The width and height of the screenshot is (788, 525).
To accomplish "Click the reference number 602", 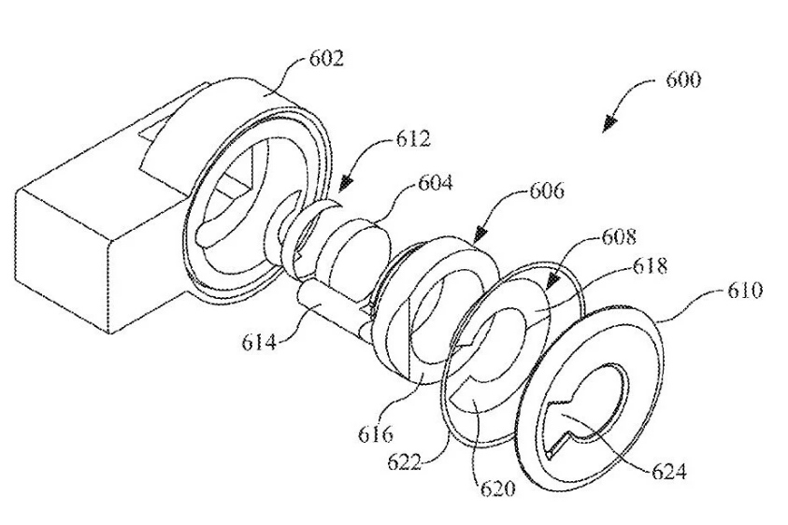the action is tap(326, 59).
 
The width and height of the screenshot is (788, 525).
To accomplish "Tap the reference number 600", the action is tap(683, 80).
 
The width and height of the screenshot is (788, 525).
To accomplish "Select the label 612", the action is tap(413, 138).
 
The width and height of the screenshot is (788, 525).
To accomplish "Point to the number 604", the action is tap(436, 182).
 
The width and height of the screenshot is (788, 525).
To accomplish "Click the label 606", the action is tap(547, 191).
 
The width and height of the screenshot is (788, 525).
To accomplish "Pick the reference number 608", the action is tap(619, 237).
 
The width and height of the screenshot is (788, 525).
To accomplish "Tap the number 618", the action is tap(650, 265).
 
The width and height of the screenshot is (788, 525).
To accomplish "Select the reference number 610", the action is tap(745, 291).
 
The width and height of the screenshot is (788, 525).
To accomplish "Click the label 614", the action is tap(259, 343).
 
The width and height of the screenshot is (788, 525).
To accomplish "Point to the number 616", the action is tap(376, 434).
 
